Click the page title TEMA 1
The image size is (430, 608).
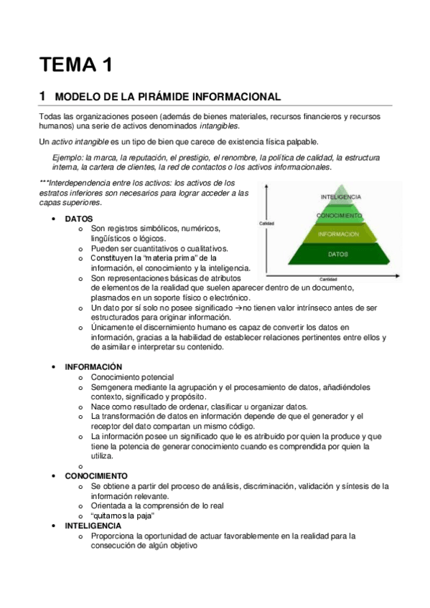[x=75, y=66]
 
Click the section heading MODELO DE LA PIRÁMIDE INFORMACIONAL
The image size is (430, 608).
[x=167, y=97]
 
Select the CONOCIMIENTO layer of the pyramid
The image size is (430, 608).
[x=340, y=214]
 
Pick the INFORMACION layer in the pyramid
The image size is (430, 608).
[x=340, y=234]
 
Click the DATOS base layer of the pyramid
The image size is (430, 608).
[x=340, y=255]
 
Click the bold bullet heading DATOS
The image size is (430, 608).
[x=79, y=218]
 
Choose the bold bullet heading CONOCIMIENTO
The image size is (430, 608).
[x=96, y=475]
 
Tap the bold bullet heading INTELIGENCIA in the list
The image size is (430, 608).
[x=93, y=526]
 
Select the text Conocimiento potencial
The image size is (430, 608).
[x=132, y=377]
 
